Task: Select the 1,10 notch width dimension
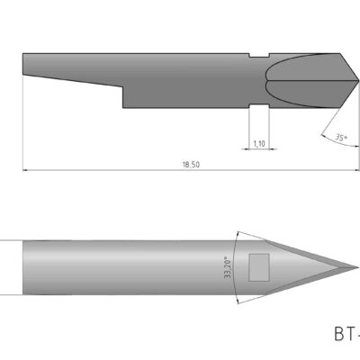click(258, 142)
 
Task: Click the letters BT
click(346, 334)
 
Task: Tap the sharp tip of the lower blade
click(357, 266)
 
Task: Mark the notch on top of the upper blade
click(259, 58)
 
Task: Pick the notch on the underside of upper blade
click(259, 104)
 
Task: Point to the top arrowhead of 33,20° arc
click(237, 233)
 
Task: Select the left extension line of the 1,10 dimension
click(247, 126)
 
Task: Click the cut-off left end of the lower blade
click(22, 266)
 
